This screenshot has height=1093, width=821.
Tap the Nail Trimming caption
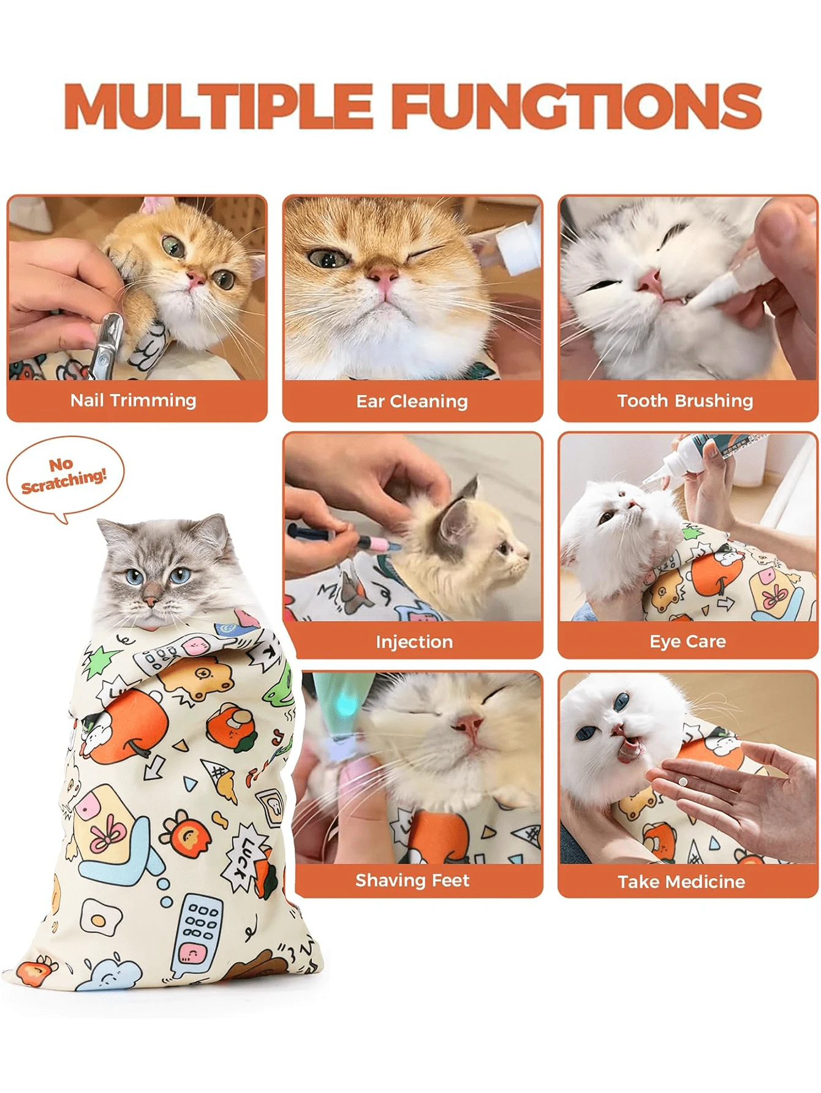(133, 400)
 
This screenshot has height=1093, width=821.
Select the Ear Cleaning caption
(412, 401)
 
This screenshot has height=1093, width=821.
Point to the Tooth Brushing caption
(685, 400)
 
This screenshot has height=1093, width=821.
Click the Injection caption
(414, 641)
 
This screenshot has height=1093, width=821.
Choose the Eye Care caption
(687, 641)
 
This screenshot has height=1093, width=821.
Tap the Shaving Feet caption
(412, 880)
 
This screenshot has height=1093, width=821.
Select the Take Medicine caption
(681, 881)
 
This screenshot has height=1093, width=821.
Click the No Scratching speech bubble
(64, 475)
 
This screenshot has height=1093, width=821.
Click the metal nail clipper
(105, 344)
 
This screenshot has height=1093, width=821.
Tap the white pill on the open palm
(683, 781)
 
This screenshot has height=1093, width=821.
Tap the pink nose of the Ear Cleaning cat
(384, 279)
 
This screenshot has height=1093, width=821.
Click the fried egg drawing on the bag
(97, 918)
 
